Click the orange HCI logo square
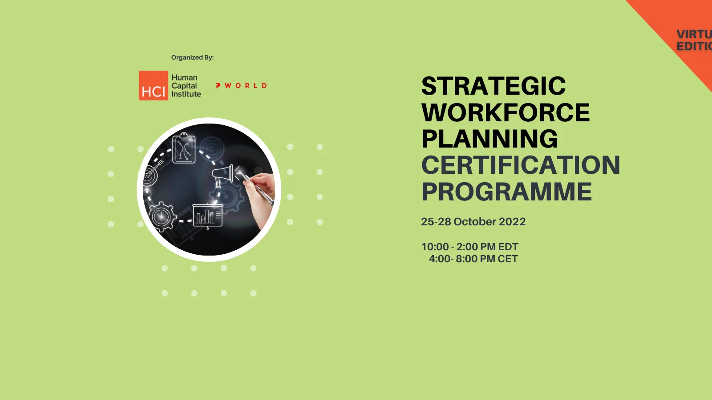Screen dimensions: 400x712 (x=153, y=86)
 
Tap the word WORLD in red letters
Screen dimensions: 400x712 (x=246, y=86)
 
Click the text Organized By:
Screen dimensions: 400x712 (x=192, y=57)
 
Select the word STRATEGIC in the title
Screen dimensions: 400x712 (x=493, y=86)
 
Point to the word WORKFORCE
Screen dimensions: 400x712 (x=505, y=112)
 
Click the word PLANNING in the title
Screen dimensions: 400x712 (x=489, y=139)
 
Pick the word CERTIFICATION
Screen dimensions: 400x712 (x=520, y=165)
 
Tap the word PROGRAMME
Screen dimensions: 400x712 (x=506, y=192)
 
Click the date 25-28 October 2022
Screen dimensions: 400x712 (x=473, y=222)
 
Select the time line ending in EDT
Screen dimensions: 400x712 (x=469, y=247)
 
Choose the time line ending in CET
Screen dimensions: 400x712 (x=473, y=259)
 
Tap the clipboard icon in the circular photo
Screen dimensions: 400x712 (x=184, y=148)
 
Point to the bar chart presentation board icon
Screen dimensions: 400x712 (x=207, y=216)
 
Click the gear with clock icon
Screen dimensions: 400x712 (x=161, y=216)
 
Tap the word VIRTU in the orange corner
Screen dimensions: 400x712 (x=694, y=34)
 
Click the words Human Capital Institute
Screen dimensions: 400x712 (x=186, y=86)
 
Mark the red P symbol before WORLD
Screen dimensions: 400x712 (x=218, y=86)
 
